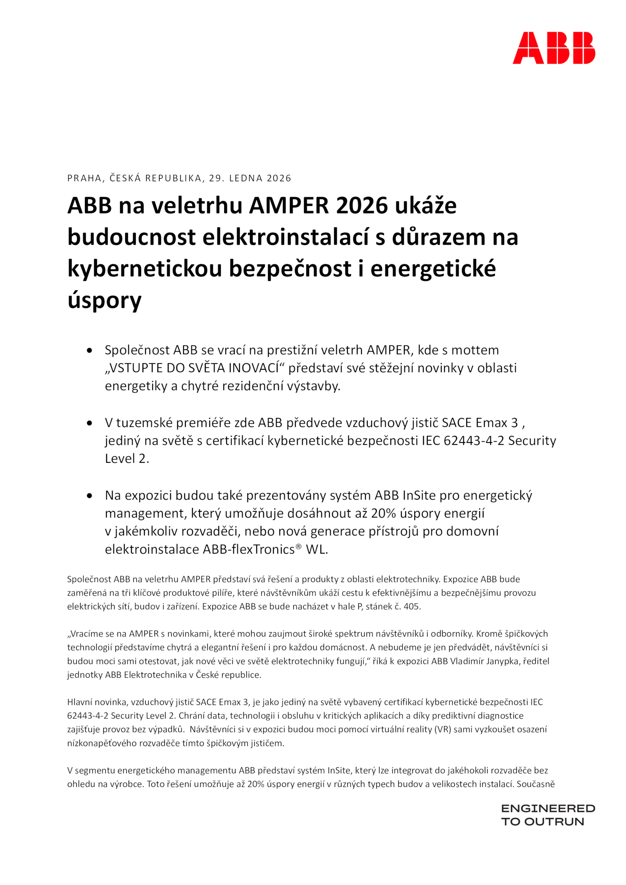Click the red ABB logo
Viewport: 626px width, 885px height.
(x=554, y=48)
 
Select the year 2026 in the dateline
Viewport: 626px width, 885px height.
(x=279, y=178)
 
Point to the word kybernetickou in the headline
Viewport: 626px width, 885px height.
(x=144, y=269)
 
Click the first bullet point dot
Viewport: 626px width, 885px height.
(x=90, y=351)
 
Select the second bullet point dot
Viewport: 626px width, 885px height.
(x=90, y=423)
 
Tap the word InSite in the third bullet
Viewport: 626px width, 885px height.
(x=419, y=496)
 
